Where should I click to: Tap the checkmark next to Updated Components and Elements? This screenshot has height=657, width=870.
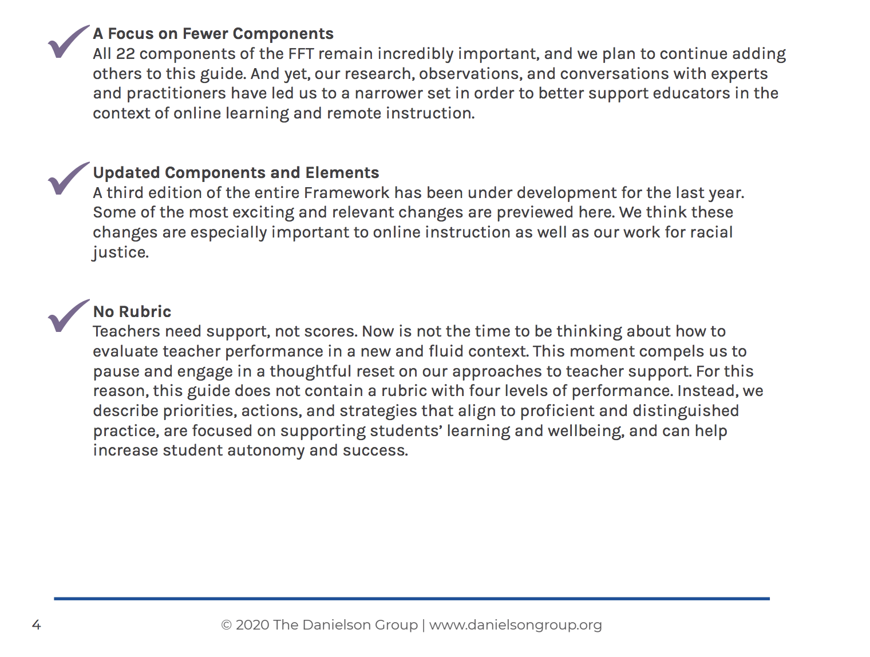click(x=68, y=179)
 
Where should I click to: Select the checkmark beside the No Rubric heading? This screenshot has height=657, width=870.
click(x=68, y=316)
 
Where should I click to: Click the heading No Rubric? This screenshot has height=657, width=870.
click(x=132, y=312)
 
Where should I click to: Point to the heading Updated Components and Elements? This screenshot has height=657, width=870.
click(x=236, y=173)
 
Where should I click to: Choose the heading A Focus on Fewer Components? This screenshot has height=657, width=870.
click(x=213, y=34)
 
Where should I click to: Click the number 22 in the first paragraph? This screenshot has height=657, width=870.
click(x=125, y=54)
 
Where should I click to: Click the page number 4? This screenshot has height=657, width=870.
click(x=36, y=625)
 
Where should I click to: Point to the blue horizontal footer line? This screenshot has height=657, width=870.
click(x=412, y=599)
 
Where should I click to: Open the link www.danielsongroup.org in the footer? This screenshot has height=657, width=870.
click(x=515, y=625)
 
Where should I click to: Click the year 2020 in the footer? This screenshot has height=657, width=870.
click(x=252, y=625)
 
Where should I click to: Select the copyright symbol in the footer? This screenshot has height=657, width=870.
click(x=226, y=625)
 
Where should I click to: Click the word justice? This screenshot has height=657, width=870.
click(x=120, y=252)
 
